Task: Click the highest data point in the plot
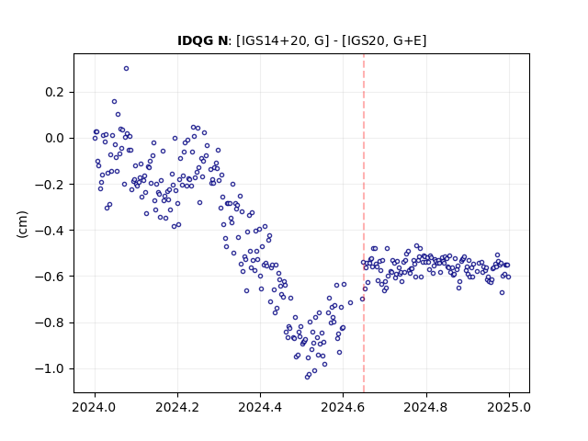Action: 127,69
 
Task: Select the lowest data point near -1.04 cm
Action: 307,377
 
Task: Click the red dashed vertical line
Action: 364,223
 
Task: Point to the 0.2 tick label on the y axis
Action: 55,92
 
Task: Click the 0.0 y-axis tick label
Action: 55,139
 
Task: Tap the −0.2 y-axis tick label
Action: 50,185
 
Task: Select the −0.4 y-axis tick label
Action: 50,231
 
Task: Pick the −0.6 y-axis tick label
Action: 50,277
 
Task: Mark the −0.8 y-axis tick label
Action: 50,322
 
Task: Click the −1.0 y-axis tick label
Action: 50,369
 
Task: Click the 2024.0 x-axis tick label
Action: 95,407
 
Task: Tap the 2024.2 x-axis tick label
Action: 177,407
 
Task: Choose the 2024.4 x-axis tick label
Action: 260,407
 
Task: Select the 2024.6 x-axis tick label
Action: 343,407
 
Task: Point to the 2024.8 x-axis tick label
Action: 426,407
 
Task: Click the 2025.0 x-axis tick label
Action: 509,407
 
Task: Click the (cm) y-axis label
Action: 22,224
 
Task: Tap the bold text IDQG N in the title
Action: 202,40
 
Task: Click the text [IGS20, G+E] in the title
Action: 384,40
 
